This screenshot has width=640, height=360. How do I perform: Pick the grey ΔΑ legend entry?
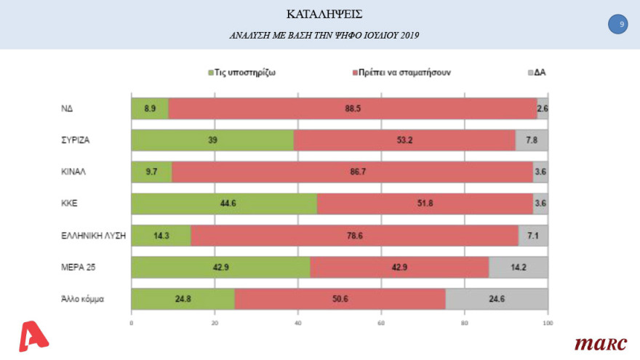click(535, 73)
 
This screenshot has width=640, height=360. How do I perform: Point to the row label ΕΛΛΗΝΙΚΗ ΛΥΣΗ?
click(94, 236)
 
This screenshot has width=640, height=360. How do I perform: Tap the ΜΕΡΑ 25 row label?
click(79, 268)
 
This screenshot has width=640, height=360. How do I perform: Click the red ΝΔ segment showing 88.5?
click(353, 108)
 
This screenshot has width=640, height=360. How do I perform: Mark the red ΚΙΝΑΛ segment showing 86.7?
click(352, 172)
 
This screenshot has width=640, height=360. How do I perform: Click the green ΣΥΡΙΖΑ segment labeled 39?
click(212, 140)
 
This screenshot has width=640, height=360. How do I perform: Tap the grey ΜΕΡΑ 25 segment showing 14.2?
click(518, 268)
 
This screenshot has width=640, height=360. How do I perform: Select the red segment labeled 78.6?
click(354, 236)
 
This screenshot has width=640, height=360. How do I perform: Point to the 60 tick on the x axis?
click(381, 322)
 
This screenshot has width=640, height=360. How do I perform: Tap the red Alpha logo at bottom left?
click(33, 337)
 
